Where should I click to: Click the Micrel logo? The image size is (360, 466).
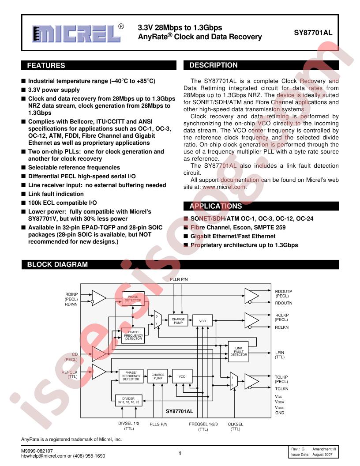78,33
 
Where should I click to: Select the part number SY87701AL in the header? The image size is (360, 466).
313,33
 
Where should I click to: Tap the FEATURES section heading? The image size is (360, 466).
46,65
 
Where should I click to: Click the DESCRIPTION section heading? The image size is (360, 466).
214,65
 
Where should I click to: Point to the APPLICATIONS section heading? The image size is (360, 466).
216,206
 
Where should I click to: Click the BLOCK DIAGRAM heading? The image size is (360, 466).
57,264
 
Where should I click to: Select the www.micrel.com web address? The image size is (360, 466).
224,187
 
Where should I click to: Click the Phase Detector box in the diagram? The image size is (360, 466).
133,298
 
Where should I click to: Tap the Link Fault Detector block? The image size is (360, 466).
239,351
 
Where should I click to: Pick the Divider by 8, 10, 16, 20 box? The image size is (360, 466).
128,400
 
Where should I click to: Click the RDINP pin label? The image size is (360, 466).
71,294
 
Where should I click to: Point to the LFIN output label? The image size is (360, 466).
280,353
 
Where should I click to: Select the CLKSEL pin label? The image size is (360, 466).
235,424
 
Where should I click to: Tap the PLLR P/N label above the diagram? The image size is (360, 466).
179,279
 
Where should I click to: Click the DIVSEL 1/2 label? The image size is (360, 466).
129,423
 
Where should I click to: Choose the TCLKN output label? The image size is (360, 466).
281,388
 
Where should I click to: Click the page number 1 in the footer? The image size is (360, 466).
180,453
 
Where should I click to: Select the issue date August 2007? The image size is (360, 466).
322,455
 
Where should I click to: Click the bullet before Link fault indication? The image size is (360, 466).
23,194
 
